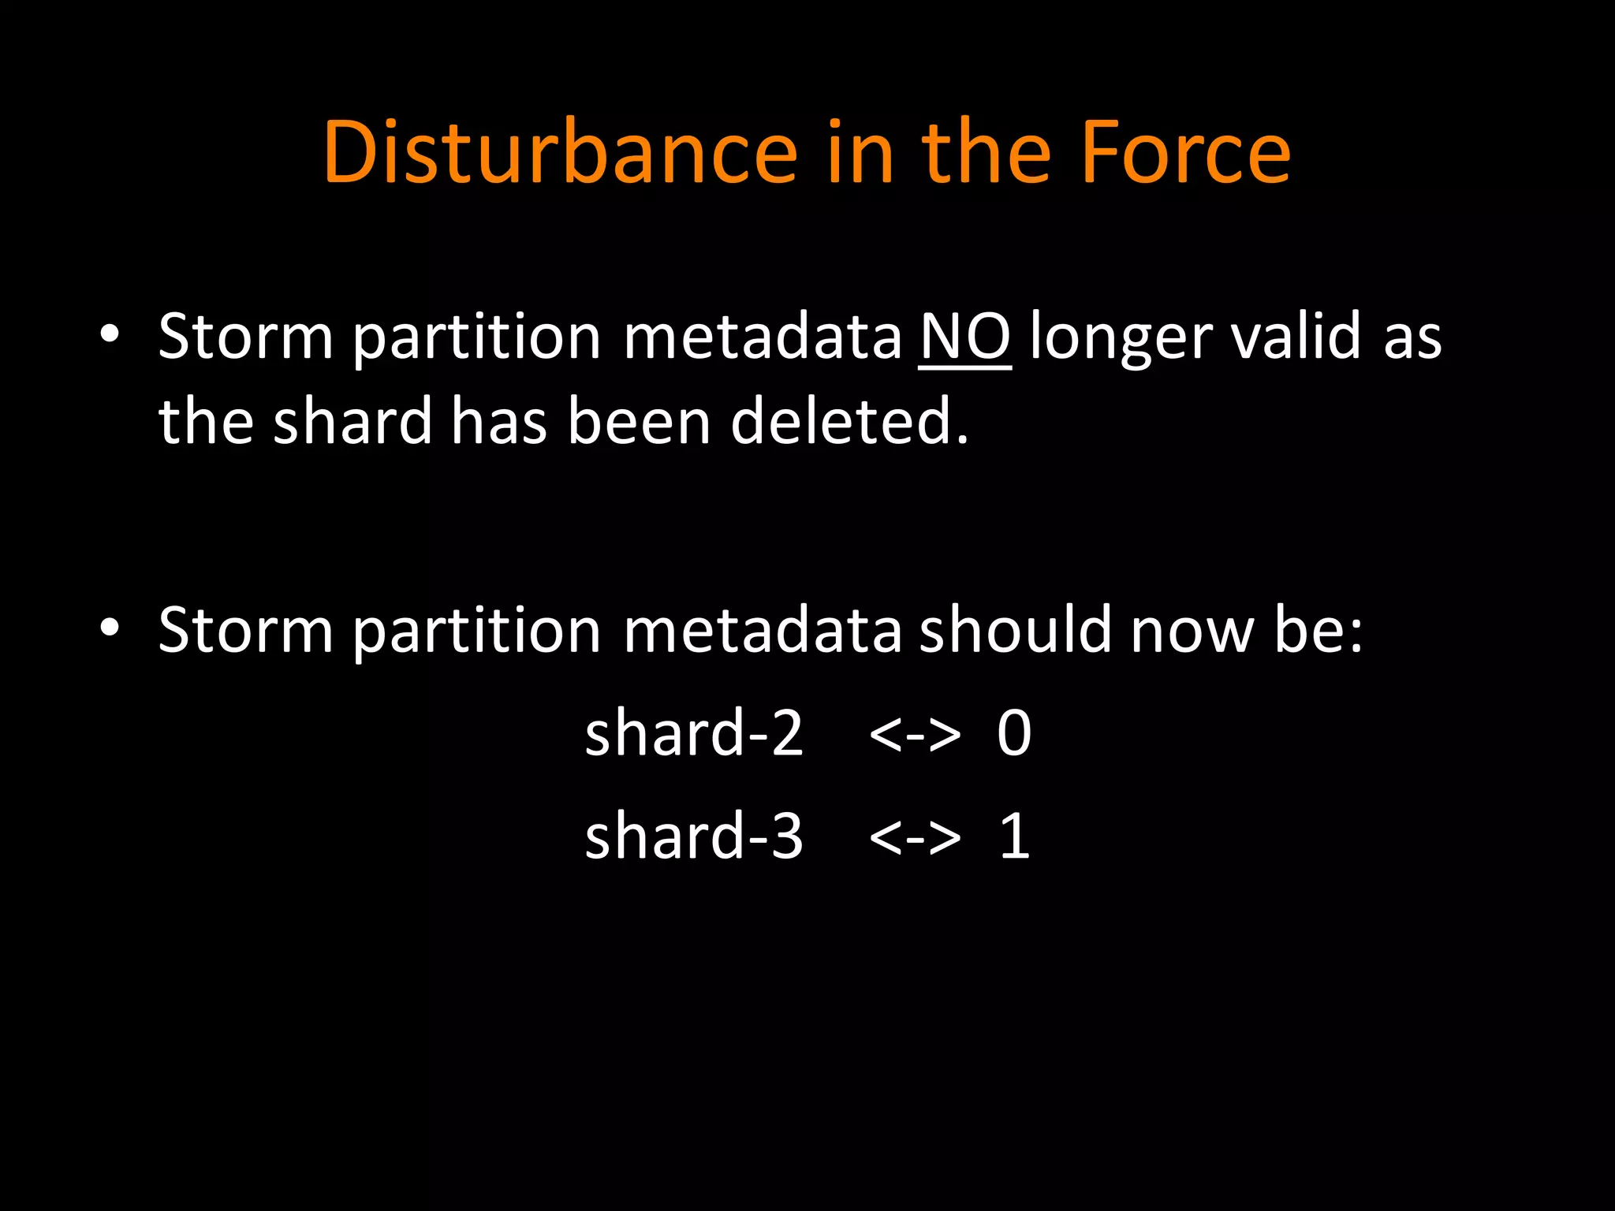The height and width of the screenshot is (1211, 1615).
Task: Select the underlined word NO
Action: coord(964,337)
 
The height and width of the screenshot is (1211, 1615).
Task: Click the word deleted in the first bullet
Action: coord(849,421)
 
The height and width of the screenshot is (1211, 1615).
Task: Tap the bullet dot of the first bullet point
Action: coord(110,334)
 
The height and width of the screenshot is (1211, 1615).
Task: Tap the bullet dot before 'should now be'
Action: coord(110,628)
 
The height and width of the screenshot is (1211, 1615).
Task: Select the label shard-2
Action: coord(693,732)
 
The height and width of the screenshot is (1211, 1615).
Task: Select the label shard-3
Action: coord(693,836)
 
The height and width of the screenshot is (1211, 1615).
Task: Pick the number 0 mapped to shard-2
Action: coord(1014,733)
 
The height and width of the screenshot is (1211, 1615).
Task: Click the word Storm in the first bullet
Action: coord(245,337)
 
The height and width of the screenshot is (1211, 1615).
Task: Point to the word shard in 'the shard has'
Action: coord(352,421)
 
